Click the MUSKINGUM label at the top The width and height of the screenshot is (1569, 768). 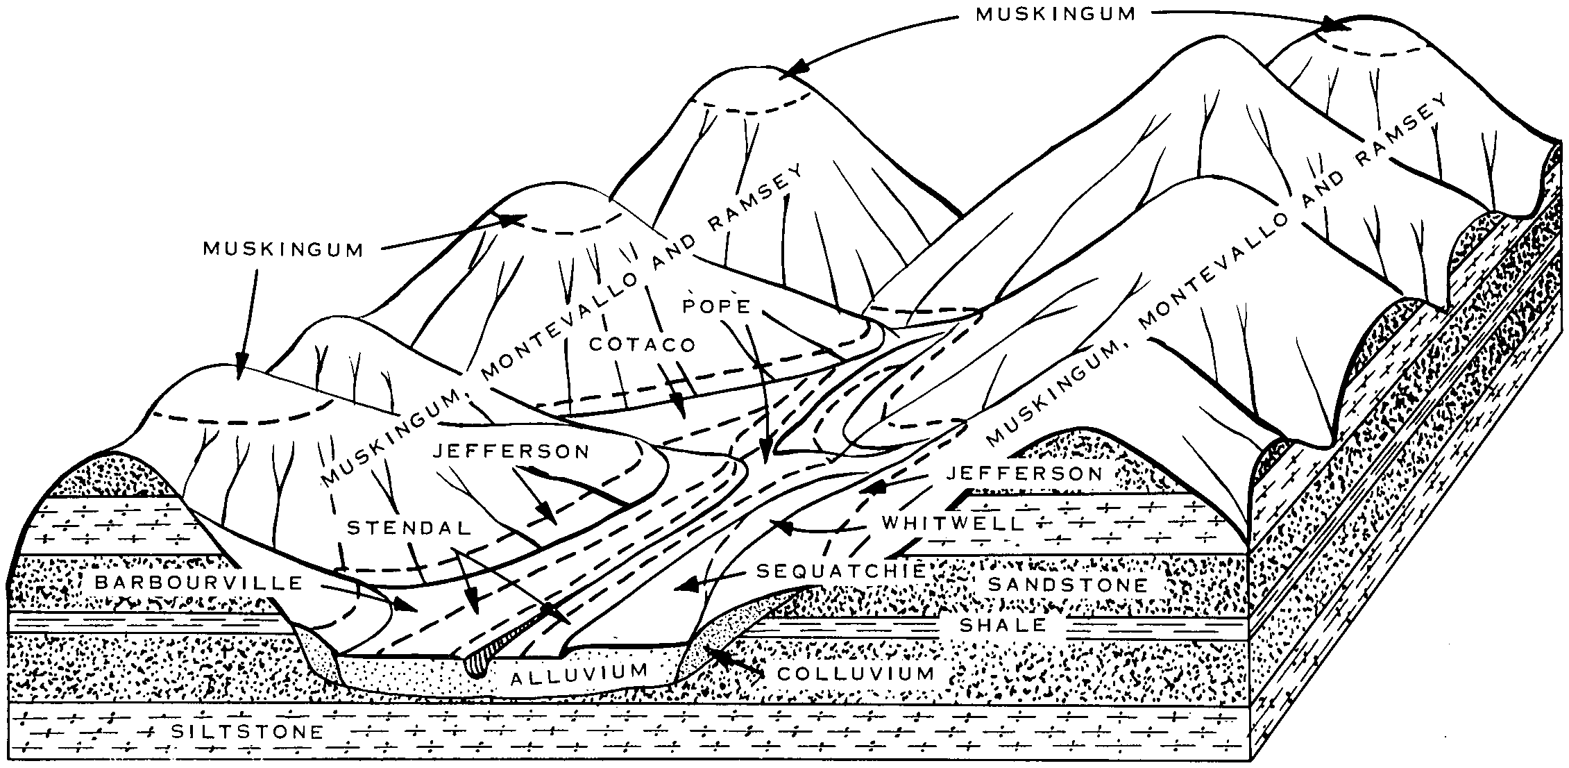point(1055,15)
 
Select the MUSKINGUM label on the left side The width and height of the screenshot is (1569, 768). point(283,250)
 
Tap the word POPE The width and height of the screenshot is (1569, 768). point(717,306)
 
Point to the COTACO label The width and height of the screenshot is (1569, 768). point(641,344)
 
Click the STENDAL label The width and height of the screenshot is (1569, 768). point(409,528)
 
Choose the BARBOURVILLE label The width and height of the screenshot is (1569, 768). point(199,583)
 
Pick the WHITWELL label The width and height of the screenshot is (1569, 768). point(953,523)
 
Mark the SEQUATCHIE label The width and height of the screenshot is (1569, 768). point(841,571)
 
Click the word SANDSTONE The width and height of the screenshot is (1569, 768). point(1068,584)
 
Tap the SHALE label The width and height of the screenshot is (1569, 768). point(1002,625)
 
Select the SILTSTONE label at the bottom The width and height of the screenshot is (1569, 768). point(247,732)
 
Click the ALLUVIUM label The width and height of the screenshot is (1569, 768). point(579,673)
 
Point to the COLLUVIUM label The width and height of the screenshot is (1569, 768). point(856,674)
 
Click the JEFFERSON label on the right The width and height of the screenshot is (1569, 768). point(1024,474)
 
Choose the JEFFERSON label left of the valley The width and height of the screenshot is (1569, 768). point(511,451)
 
